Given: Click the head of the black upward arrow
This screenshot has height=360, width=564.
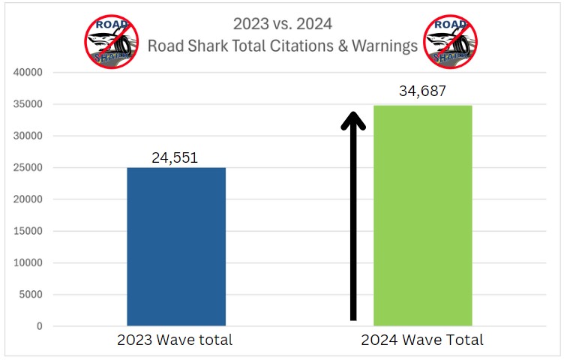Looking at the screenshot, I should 353,121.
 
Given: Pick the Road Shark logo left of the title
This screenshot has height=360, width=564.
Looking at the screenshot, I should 111,41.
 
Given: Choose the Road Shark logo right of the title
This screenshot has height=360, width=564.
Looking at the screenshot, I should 451,41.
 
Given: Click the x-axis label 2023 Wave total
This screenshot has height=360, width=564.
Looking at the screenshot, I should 175,340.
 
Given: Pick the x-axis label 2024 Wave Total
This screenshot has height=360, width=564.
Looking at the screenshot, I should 422,340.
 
